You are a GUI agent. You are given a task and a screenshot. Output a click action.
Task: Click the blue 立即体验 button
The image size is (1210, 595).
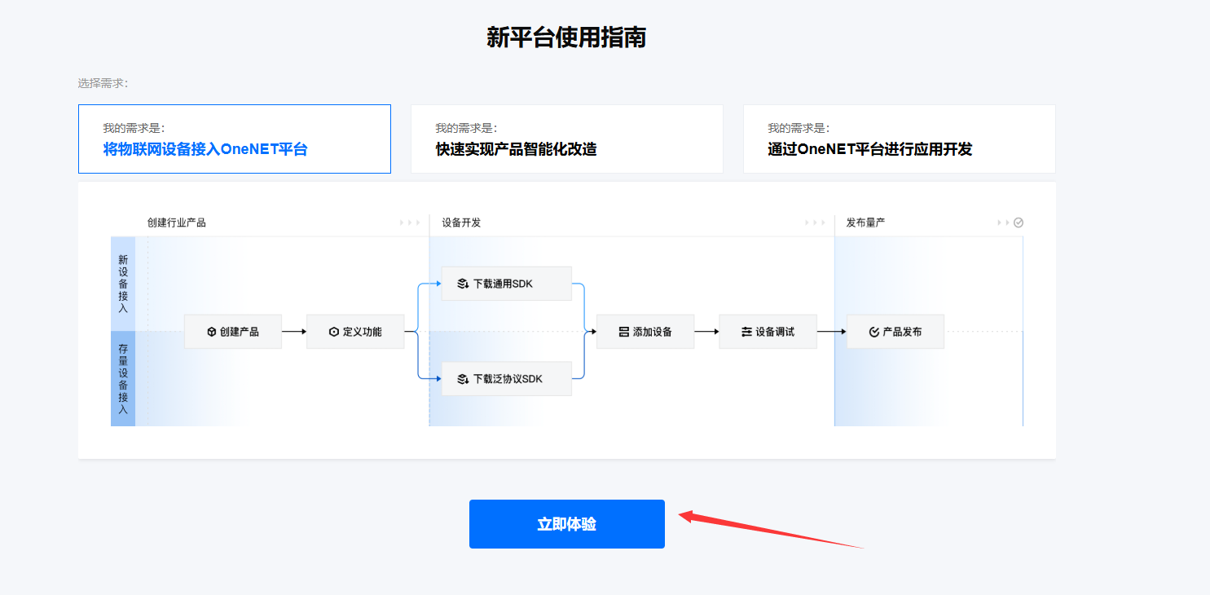pyautogui.click(x=566, y=524)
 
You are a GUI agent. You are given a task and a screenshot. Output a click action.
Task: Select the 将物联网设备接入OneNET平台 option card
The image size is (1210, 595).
pyautogui.click(x=234, y=139)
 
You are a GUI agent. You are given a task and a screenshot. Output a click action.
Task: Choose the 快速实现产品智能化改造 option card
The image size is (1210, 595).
pyautogui.click(x=566, y=139)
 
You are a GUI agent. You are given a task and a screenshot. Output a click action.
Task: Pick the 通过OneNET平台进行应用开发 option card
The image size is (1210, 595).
pyautogui.click(x=899, y=139)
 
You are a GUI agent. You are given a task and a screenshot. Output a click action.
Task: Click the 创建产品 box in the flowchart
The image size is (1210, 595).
pyautogui.click(x=232, y=332)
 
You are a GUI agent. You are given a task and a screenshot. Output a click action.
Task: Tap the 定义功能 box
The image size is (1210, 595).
pyautogui.click(x=355, y=332)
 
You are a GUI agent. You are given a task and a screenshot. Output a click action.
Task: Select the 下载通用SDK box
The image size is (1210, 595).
pyautogui.click(x=506, y=284)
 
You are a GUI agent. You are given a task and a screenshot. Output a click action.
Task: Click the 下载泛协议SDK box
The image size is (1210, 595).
pyautogui.click(x=506, y=379)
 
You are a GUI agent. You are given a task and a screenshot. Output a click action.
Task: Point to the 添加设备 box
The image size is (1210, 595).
pyautogui.click(x=645, y=332)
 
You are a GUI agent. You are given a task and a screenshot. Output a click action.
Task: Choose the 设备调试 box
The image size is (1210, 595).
pyautogui.click(x=768, y=332)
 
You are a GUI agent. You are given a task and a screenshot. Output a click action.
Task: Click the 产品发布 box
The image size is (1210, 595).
pyautogui.click(x=895, y=332)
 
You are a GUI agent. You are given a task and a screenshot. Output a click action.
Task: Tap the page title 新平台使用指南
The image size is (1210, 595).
pyautogui.click(x=566, y=37)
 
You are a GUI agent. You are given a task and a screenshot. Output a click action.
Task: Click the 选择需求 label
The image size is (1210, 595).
pyautogui.click(x=103, y=83)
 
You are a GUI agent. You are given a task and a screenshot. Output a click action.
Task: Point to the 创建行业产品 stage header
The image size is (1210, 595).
pyautogui.click(x=177, y=223)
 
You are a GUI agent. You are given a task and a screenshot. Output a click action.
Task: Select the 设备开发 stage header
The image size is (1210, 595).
pyautogui.click(x=461, y=223)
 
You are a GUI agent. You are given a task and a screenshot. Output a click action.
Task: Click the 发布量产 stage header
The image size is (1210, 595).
pyautogui.click(x=865, y=223)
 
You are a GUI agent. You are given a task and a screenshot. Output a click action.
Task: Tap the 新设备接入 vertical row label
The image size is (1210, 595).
pyautogui.click(x=123, y=284)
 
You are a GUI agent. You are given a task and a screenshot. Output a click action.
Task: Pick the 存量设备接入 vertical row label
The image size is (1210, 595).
pyautogui.click(x=123, y=379)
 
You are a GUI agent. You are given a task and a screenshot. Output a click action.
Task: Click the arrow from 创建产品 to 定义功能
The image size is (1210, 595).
pyautogui.click(x=294, y=332)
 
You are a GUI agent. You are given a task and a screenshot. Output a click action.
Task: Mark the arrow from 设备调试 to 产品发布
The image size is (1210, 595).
pyautogui.click(x=832, y=332)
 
